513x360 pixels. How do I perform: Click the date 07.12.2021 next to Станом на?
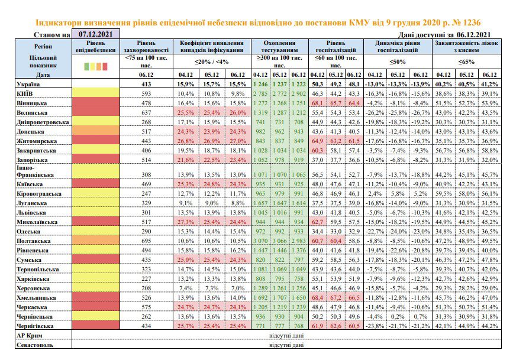point(95,34)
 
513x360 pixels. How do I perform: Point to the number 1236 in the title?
point(470,22)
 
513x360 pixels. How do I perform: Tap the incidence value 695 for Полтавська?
point(146,241)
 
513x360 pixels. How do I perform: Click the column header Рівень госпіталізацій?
point(335,47)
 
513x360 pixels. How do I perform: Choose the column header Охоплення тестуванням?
point(279,47)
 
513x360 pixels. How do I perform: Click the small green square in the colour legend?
point(86,67)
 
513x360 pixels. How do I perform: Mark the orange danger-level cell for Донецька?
point(96,131)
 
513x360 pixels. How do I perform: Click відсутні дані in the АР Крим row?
point(286,336)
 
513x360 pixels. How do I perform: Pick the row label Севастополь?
point(35,345)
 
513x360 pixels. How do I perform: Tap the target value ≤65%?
point(466,61)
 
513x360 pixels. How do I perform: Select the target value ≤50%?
point(398,61)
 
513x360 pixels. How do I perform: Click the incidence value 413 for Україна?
point(146,85)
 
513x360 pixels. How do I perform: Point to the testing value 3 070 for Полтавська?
point(260,241)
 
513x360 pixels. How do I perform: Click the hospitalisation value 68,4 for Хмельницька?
point(317,298)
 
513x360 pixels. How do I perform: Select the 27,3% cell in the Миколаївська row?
point(186,222)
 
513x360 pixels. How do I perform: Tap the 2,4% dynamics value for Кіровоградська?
point(375,193)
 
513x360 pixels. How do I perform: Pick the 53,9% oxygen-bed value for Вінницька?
point(489,103)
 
